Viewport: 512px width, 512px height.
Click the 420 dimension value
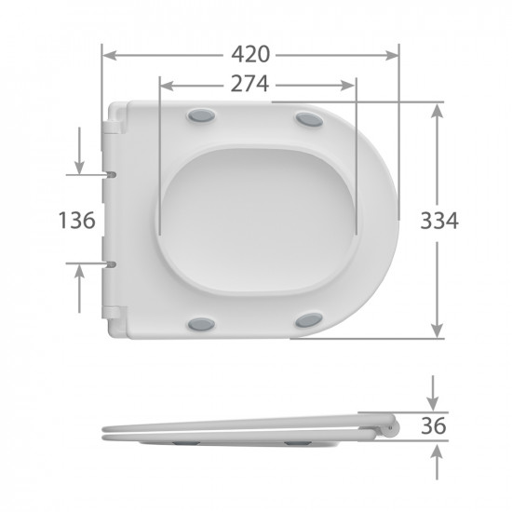pyautogui.click(x=250, y=54)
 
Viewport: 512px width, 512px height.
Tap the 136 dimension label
pyautogui.click(x=77, y=221)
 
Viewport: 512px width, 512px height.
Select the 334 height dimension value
pyautogui.click(x=438, y=221)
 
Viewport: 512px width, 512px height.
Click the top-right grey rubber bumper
pyautogui.click(x=307, y=118)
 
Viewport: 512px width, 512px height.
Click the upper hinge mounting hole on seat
pyautogui.click(x=112, y=174)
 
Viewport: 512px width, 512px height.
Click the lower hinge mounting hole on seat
pyautogui.click(x=112, y=264)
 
